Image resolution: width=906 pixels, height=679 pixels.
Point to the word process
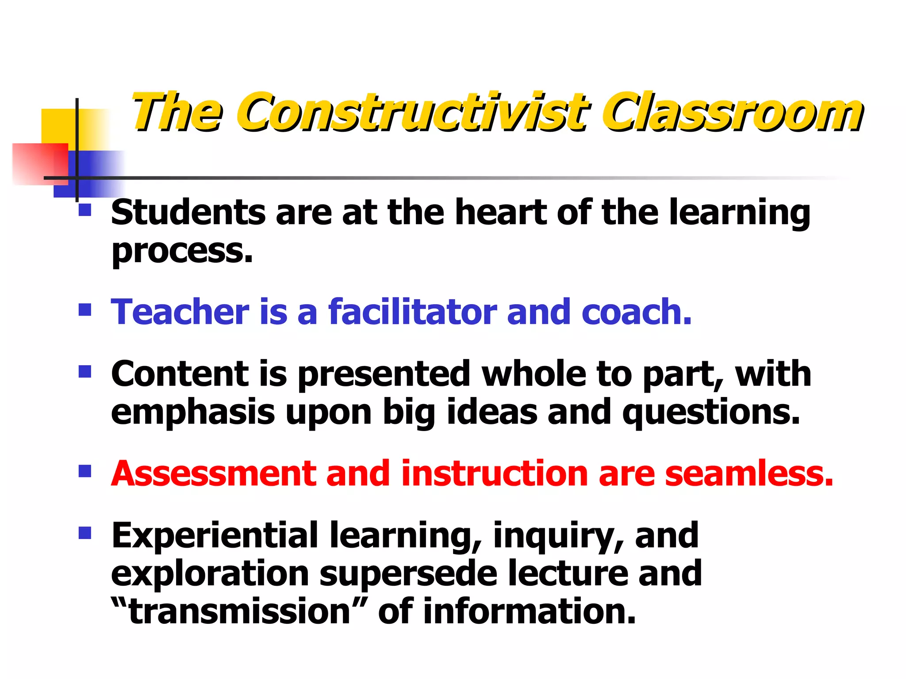[x=182, y=251]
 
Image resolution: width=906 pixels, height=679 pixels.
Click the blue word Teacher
[x=180, y=312]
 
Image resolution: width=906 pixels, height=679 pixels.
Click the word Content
[x=180, y=374]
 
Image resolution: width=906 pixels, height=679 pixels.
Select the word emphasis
[x=193, y=412]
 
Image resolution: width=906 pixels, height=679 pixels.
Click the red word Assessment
[x=214, y=473]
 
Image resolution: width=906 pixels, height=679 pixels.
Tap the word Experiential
[x=215, y=535]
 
